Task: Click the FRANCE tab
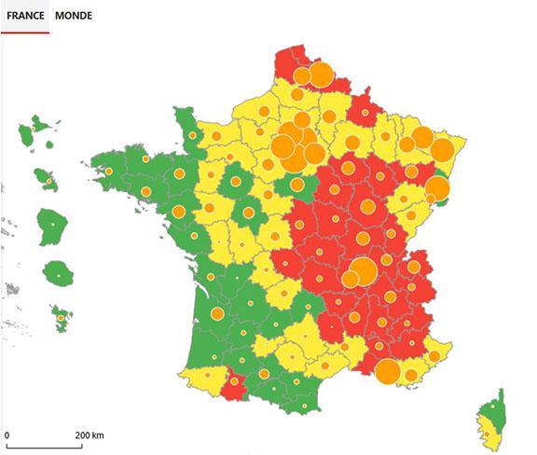[25, 15]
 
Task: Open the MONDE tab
[74, 15]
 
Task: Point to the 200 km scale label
[89, 435]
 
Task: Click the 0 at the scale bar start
[7, 435]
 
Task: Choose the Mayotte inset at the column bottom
[62, 320]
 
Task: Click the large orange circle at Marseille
[388, 372]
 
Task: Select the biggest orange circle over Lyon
[363, 271]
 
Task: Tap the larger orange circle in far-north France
[320, 73]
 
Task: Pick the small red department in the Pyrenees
[236, 383]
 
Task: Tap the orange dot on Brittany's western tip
[109, 172]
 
